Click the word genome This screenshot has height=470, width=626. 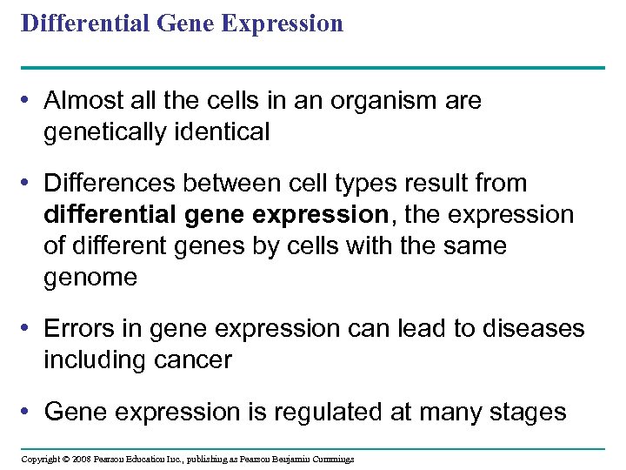90,278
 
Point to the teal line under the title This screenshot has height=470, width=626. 313,67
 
